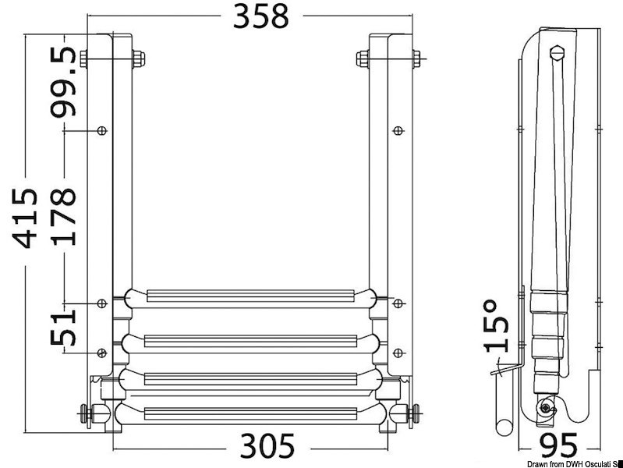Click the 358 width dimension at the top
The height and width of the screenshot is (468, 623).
click(x=261, y=16)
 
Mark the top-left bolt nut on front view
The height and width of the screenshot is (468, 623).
click(x=139, y=58)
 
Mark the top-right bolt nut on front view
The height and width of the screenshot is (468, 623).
click(x=362, y=58)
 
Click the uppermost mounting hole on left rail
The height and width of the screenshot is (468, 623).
click(x=101, y=130)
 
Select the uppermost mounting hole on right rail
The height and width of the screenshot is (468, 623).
click(x=398, y=130)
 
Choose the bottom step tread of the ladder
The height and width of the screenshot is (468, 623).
click(x=250, y=410)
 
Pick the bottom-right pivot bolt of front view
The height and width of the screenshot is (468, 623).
click(x=416, y=413)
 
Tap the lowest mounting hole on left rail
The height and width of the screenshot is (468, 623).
click(x=101, y=353)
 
